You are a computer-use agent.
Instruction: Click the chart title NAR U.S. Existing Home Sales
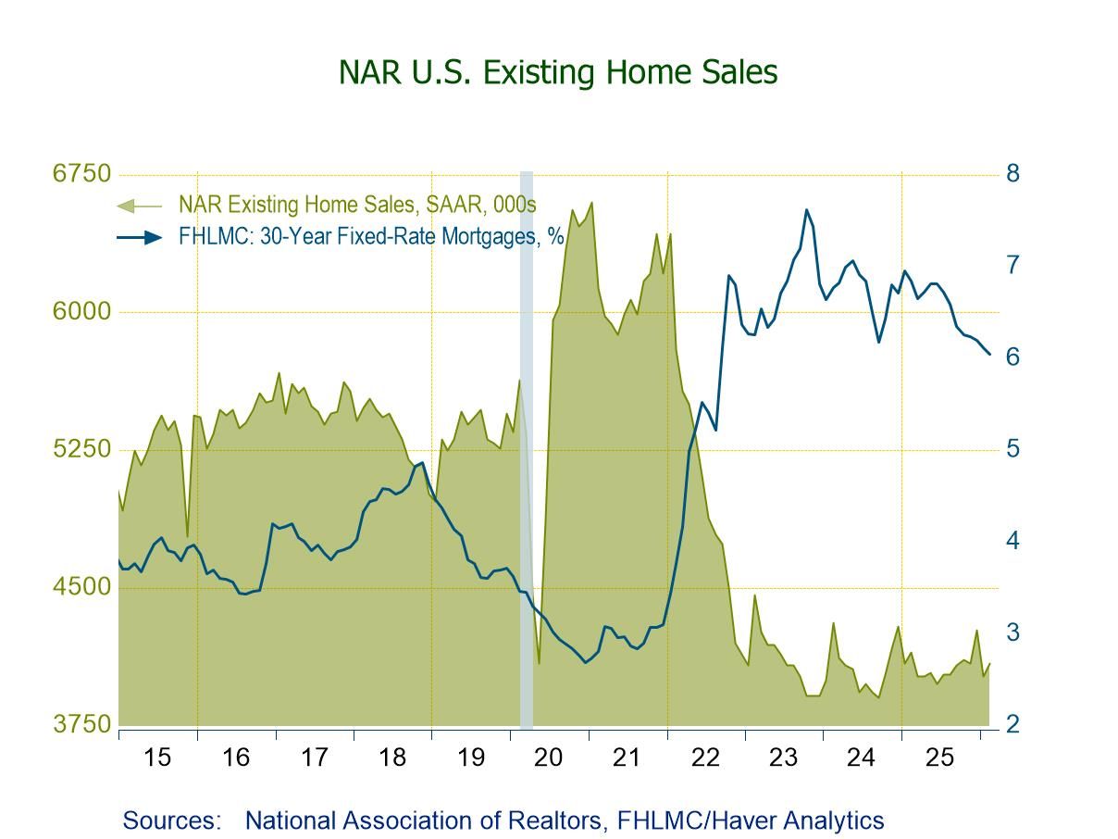pos(558,72)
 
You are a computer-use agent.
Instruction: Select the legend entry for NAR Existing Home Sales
pos(357,205)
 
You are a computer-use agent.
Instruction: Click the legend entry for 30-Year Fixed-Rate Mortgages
pos(371,236)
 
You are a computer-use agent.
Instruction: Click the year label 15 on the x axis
pos(157,758)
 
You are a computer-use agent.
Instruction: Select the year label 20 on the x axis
pos(549,758)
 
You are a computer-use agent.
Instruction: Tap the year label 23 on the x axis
pos(783,758)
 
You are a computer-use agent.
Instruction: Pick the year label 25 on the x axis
pos(939,758)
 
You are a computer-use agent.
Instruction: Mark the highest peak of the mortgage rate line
pos(806,210)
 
